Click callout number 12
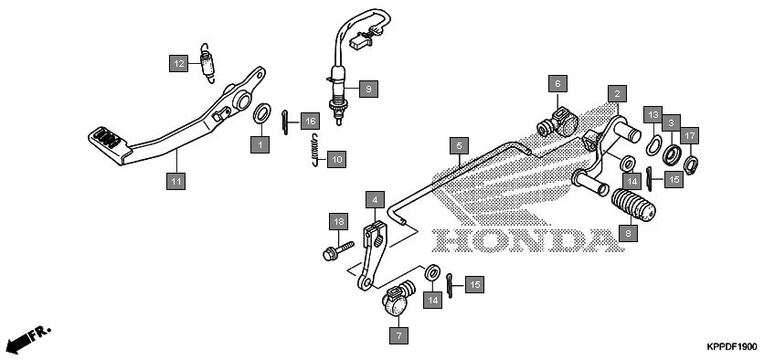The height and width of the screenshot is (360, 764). click(179, 63)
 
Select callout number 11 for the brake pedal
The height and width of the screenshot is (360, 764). click(175, 182)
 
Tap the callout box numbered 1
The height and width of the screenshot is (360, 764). click(260, 144)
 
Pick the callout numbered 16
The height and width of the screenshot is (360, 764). click(310, 122)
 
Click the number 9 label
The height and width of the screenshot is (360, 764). click(366, 89)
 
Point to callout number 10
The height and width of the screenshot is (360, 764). click(335, 159)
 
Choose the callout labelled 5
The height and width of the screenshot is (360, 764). click(459, 144)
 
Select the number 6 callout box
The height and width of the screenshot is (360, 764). click(555, 84)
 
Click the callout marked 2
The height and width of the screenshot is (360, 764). click(618, 94)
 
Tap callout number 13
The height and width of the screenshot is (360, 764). click(652, 114)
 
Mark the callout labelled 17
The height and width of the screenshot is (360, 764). click(691, 135)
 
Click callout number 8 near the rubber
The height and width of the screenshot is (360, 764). click(626, 234)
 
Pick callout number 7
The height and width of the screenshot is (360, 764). click(398, 335)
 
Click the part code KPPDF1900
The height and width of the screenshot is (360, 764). click(731, 347)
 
